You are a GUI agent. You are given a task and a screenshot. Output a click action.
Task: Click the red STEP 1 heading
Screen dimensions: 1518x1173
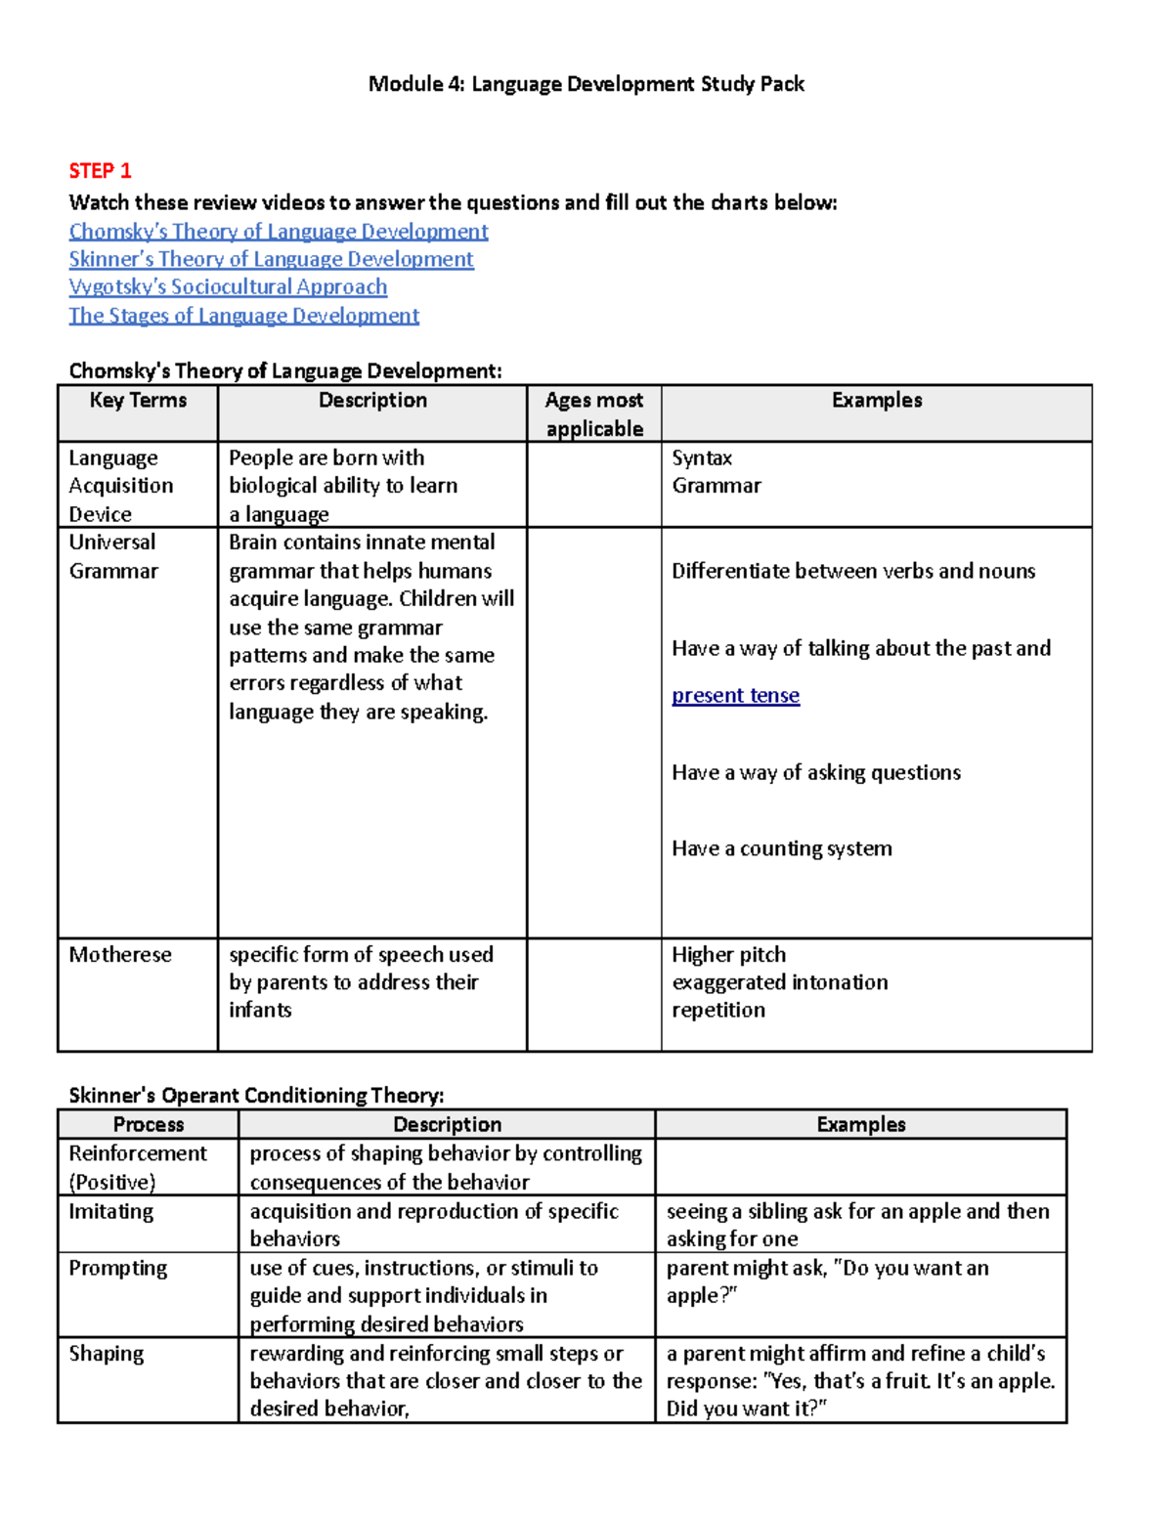pyautogui.click(x=100, y=171)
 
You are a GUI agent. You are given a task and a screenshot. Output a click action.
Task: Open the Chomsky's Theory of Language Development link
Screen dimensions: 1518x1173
pyautogui.click(x=279, y=232)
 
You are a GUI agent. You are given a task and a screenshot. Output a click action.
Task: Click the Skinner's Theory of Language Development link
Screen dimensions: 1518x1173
pyautogui.click(x=271, y=259)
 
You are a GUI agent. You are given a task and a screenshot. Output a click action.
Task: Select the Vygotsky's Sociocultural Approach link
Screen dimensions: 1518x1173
pyautogui.click(x=228, y=287)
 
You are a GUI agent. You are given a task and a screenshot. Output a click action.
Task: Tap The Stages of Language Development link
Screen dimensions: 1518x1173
pyautogui.click(x=243, y=316)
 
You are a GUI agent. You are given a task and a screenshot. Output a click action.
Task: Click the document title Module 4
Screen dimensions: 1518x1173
pyautogui.click(x=586, y=84)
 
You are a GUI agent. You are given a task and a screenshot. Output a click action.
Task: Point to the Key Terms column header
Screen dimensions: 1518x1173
pyautogui.click(x=138, y=401)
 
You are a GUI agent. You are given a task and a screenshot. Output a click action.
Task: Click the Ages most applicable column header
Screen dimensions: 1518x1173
pyautogui.click(x=593, y=413)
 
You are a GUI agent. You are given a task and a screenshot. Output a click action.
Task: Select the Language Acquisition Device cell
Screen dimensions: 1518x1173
pyautogui.click(x=120, y=486)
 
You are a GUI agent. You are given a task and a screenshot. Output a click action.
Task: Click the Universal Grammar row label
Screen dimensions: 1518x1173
pyautogui.click(x=113, y=556)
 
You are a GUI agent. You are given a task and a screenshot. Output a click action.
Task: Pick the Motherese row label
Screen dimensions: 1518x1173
pyautogui.click(x=120, y=955)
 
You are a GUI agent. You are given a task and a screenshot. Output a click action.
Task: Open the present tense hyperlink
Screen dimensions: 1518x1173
pyautogui.click(x=735, y=696)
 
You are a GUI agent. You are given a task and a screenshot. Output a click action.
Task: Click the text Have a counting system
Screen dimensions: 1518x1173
pyautogui.click(x=781, y=848)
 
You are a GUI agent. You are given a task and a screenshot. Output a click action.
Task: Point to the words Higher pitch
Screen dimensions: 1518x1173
pyautogui.click(x=728, y=955)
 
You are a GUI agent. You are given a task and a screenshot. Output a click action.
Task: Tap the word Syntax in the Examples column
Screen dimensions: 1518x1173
pyautogui.click(x=702, y=458)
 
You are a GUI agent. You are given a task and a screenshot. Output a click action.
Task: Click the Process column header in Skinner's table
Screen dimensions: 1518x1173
pyautogui.click(x=149, y=1125)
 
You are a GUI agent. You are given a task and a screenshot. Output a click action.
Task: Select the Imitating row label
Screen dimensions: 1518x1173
pyautogui.click(x=110, y=1212)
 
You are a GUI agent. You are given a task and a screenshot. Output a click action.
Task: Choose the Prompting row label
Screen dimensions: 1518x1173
pyautogui.click(x=117, y=1269)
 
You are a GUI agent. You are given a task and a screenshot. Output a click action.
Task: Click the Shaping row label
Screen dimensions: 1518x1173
pyautogui.click(x=106, y=1354)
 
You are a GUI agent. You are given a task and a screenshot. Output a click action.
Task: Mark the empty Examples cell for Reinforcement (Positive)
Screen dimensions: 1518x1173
pyautogui.click(x=860, y=1167)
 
